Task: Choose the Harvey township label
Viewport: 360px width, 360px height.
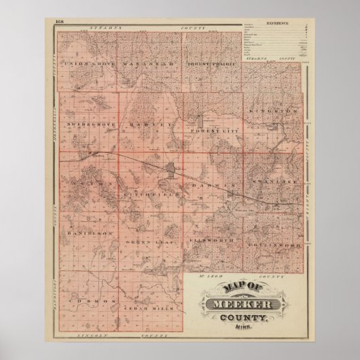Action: (151, 125)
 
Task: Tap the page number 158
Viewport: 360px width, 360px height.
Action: (56, 22)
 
